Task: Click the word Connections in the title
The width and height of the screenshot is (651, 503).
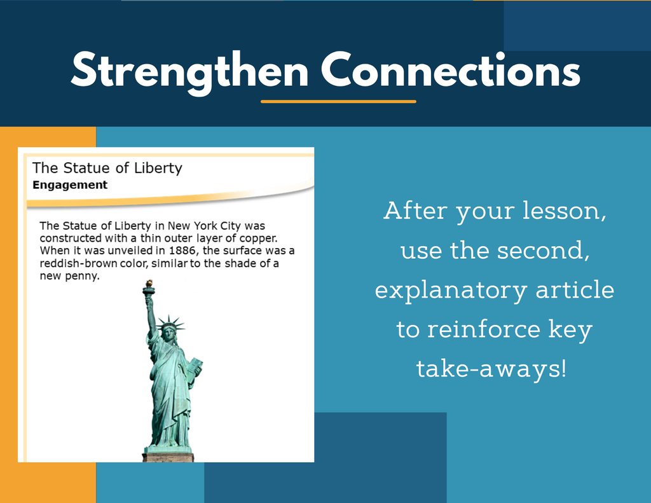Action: tap(451, 70)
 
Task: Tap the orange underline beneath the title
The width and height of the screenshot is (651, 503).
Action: tap(338, 101)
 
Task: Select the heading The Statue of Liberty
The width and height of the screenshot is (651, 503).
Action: tap(107, 168)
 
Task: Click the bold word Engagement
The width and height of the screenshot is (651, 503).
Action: tap(70, 185)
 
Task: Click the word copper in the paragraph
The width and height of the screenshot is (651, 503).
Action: tap(257, 238)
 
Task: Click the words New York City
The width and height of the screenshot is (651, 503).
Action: tap(204, 226)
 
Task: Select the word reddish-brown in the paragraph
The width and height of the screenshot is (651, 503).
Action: tap(78, 263)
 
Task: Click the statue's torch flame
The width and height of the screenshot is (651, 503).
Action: tap(148, 284)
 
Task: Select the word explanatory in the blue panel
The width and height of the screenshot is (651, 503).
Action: tap(451, 291)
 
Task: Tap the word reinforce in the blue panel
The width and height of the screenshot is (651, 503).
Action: tap(484, 329)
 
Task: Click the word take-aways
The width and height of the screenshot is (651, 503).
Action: tap(491, 369)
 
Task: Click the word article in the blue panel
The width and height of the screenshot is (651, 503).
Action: tap(575, 289)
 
